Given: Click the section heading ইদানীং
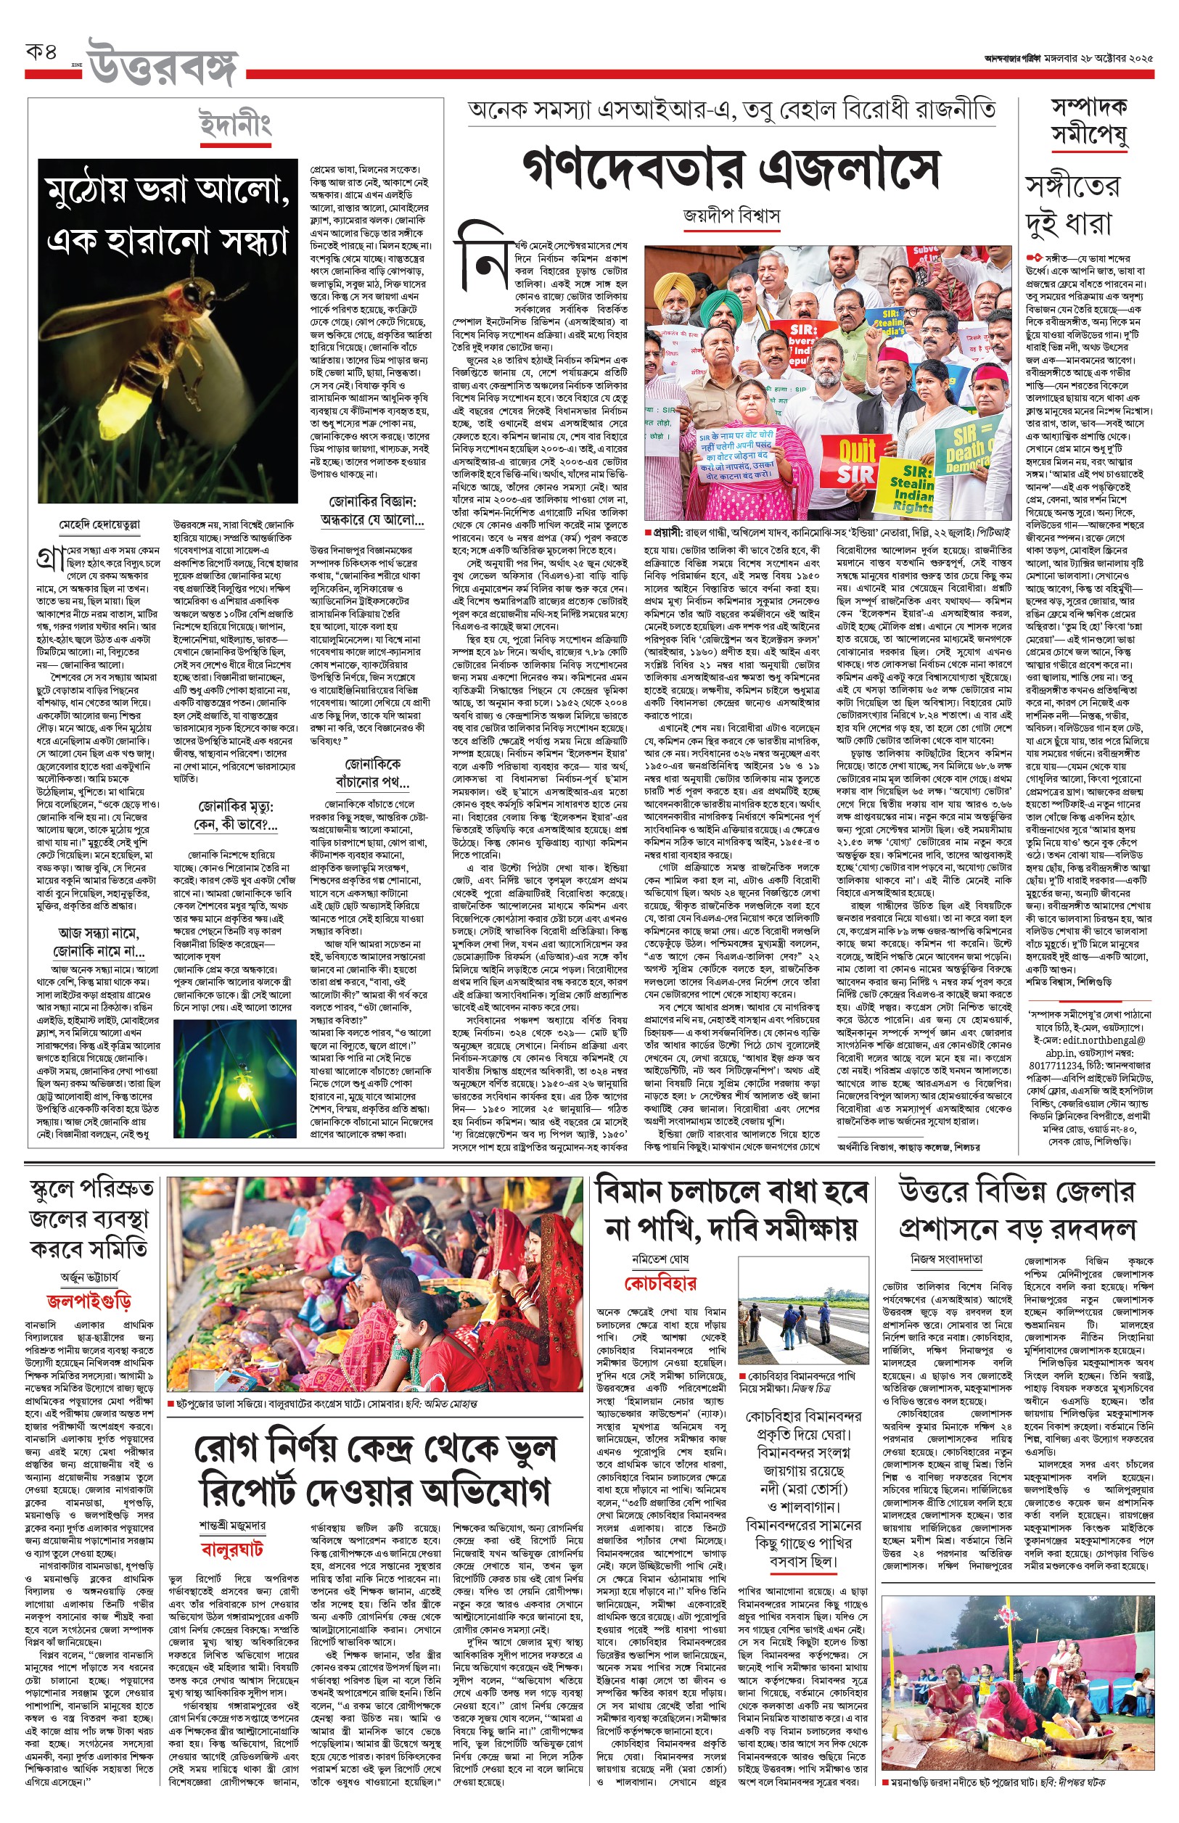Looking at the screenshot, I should (235, 125).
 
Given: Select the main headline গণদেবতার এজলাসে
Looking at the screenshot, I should (731, 169).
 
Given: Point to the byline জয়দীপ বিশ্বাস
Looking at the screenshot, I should (731, 216).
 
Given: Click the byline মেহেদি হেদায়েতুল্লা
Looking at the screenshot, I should (99, 525).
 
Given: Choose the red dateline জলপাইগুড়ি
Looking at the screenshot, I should (89, 1300).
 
